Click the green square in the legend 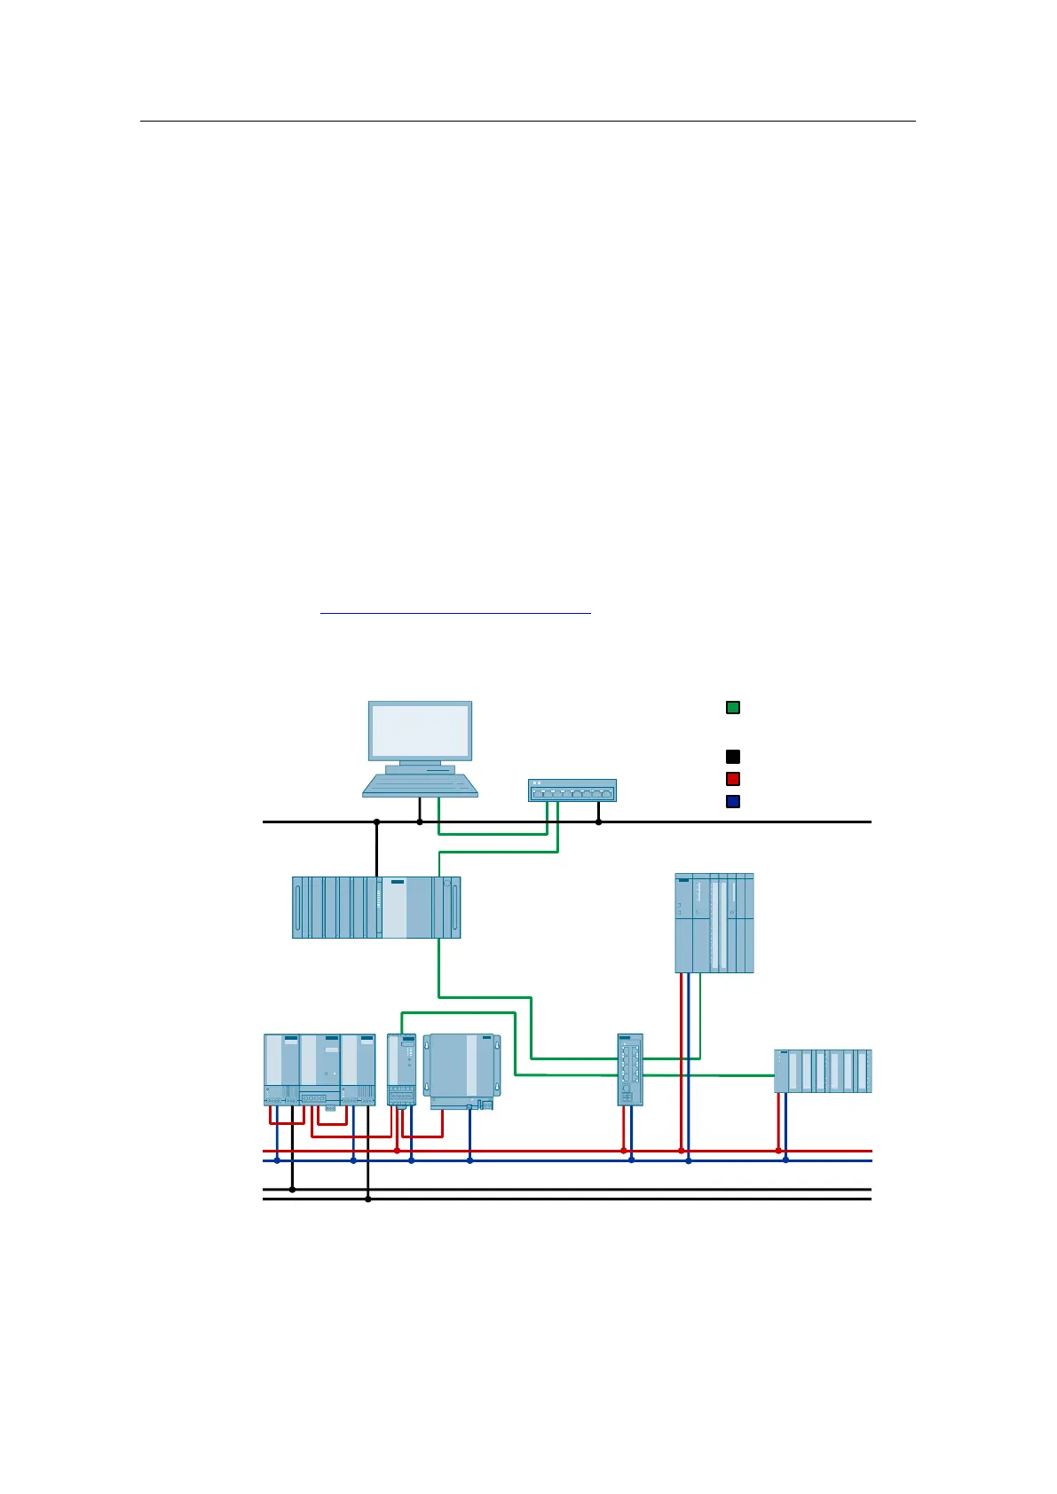click(x=733, y=708)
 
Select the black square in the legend click(x=733, y=757)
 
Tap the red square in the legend click(x=733, y=779)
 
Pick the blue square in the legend click(x=733, y=802)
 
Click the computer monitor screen click(x=420, y=731)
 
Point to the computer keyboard click(x=420, y=785)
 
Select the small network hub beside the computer click(x=572, y=790)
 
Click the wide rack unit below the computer click(x=376, y=907)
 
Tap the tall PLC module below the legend click(x=714, y=923)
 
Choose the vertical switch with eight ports click(x=630, y=1069)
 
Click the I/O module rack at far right click(x=823, y=1071)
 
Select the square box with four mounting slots click(x=461, y=1071)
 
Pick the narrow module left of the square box click(x=402, y=1069)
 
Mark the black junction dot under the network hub click(x=598, y=822)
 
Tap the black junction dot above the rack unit click(x=376, y=822)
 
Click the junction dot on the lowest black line click(x=368, y=1199)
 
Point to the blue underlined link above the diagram click(x=455, y=612)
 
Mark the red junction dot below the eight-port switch click(x=623, y=1151)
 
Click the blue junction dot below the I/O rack click(x=785, y=1160)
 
